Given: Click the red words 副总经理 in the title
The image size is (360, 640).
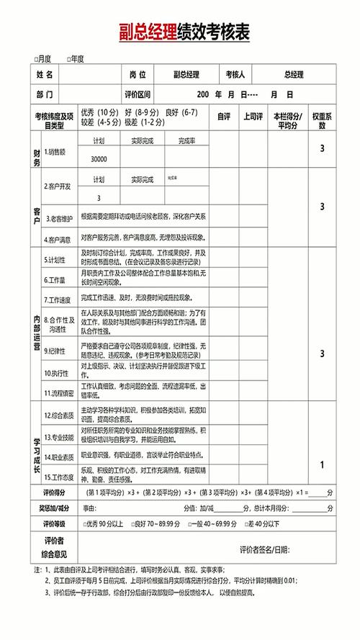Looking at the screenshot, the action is pos(150,31).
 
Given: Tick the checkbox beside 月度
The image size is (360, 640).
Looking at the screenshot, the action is pos(36,58).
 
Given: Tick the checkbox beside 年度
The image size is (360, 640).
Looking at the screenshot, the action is pos(69,58).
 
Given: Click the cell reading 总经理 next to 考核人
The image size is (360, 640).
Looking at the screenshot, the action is pos(294,74).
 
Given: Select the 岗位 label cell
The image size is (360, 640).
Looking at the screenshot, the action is pos(138,74).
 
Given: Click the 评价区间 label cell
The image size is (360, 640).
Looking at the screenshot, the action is pos(137,94).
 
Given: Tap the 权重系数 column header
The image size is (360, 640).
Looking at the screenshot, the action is pos(321,120).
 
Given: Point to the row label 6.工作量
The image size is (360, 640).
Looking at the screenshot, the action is pos(56,279).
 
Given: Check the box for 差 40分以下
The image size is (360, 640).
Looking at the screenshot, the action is pos(247,524).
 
